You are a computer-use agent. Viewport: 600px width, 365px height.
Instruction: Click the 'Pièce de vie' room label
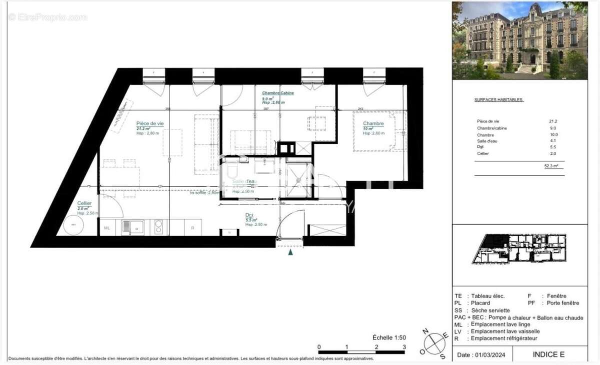point(150,123)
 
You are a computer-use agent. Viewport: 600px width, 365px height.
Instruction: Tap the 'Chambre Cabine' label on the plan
point(278,93)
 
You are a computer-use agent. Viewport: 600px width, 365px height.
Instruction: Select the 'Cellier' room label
point(84,203)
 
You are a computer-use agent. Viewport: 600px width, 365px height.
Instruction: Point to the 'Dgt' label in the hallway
point(248,215)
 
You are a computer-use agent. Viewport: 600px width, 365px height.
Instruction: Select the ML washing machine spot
point(107,228)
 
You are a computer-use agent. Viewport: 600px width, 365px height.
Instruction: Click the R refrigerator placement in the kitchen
point(192,228)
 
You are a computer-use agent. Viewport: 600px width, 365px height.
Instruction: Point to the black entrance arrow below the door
point(290,253)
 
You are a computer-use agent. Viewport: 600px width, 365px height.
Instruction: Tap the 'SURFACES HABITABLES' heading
point(498,99)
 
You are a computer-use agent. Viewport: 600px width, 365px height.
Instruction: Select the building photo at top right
point(519,40)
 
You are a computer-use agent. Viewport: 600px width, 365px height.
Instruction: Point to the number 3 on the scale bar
point(404,347)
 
